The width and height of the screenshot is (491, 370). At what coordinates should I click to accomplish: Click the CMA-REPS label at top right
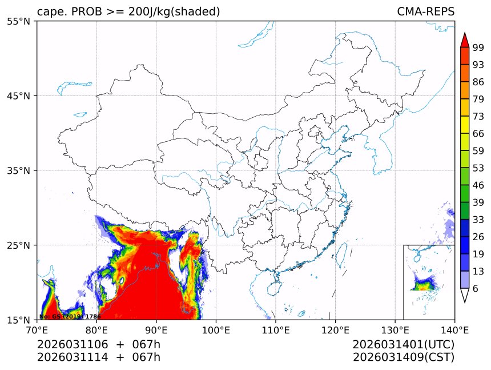425,12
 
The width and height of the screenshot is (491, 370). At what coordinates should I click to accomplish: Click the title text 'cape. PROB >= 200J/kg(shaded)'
128,12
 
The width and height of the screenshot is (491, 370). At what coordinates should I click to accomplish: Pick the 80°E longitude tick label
96,329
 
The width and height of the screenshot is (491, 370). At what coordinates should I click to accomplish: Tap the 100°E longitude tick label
216,329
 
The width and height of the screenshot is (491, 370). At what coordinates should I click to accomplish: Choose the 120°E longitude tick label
335,329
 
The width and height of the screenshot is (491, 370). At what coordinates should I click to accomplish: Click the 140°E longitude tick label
454,329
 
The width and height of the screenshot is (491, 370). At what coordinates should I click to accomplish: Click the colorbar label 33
478,220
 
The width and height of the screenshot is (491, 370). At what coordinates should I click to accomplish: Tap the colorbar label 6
476,289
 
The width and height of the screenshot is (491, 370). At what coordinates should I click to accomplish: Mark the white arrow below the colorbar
465,295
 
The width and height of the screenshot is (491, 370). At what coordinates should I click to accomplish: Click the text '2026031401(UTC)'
403,345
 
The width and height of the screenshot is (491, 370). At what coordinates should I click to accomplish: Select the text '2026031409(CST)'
403,358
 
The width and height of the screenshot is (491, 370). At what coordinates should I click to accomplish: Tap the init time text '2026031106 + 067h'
99,345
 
